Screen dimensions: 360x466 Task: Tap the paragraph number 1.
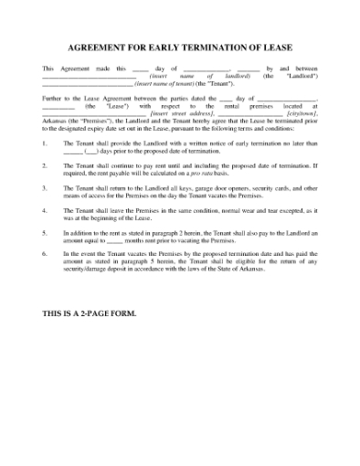[x=45, y=144]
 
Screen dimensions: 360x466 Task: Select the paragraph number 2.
[x=45, y=166]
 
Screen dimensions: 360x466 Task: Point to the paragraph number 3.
[x=45, y=187]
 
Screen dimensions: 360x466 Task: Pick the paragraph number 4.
[x=45, y=210]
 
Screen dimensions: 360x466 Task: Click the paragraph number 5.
[x=45, y=232]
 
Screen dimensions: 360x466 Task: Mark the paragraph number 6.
[x=45, y=253]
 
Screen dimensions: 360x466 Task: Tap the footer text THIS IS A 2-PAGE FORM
[x=90, y=313]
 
